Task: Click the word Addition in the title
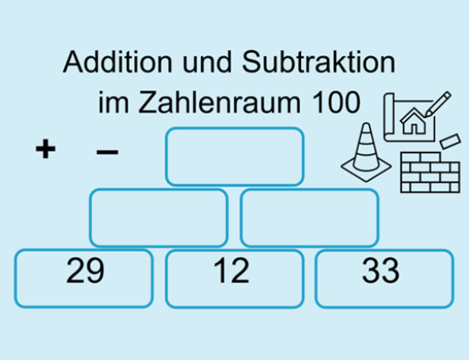pyautogui.click(x=118, y=62)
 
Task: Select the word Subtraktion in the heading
pyautogui.click(x=319, y=62)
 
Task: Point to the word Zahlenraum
pyautogui.click(x=219, y=102)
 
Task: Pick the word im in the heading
pyautogui.click(x=113, y=102)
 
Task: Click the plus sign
pyautogui.click(x=46, y=148)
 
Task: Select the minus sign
pyautogui.click(x=107, y=152)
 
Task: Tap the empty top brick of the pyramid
pyautogui.click(x=235, y=156)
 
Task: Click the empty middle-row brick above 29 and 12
pyautogui.click(x=159, y=218)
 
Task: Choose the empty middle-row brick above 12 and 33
pyautogui.click(x=310, y=218)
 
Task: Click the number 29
pyautogui.click(x=85, y=271)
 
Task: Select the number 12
pyautogui.click(x=231, y=271)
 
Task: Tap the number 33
pyautogui.click(x=381, y=271)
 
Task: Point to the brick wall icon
pyautogui.click(x=430, y=172)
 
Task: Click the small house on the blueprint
pyautogui.click(x=415, y=121)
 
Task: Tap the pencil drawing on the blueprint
pyautogui.click(x=438, y=104)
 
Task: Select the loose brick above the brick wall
pyautogui.click(x=450, y=141)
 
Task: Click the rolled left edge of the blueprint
pyautogui.click(x=389, y=117)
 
